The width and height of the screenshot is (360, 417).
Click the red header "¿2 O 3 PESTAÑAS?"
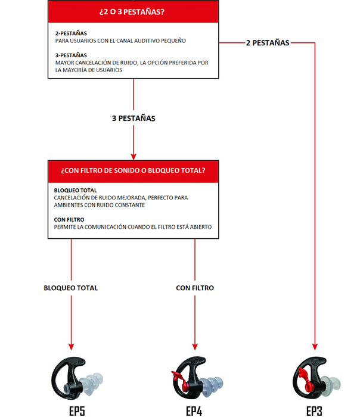[134, 12]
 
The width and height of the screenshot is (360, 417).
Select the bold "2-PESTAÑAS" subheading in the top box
[71, 33]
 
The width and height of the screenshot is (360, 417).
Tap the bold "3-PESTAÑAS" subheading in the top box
[71, 54]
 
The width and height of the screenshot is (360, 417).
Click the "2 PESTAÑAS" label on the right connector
[268, 43]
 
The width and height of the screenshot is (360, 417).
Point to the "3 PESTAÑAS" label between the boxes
[134, 119]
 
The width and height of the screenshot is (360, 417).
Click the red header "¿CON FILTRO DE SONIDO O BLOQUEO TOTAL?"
[134, 170]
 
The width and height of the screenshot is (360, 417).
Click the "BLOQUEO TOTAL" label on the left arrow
[71, 288]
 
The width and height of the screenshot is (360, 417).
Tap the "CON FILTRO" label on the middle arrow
[195, 288]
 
